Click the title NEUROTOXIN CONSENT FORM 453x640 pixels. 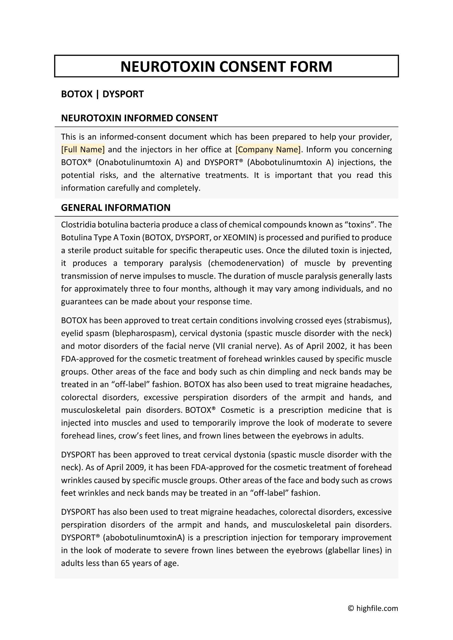(226, 66)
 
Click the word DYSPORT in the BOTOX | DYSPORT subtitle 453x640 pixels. (123, 94)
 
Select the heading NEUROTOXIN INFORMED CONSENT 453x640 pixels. (139, 118)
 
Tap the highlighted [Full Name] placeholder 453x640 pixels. (83, 150)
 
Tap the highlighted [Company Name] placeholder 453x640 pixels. (268, 150)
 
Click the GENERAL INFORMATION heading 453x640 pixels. (116, 208)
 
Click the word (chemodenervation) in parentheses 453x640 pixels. (246, 263)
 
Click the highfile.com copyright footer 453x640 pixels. (373, 608)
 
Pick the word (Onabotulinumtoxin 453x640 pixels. (135, 162)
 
